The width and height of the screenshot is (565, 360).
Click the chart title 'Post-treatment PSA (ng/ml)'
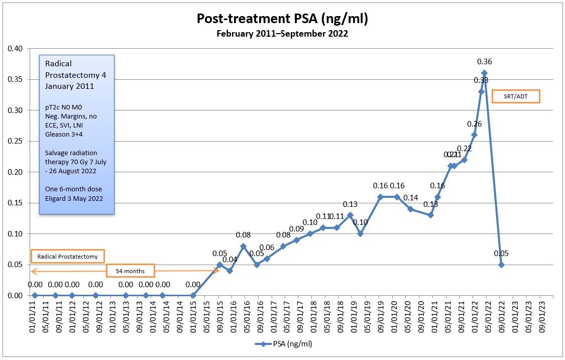point(282,19)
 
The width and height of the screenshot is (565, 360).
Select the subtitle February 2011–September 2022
point(282,34)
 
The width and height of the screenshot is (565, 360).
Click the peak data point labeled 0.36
point(485,72)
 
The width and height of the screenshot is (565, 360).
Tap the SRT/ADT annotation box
point(516,96)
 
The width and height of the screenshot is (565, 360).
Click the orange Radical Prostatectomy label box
point(68,256)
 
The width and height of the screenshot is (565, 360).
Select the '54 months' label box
point(130,271)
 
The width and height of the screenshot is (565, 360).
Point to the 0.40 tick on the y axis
point(15,49)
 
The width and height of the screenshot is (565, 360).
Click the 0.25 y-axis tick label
point(15,141)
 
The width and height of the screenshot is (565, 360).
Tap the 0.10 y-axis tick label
point(15,234)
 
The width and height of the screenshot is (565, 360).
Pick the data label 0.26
point(475,124)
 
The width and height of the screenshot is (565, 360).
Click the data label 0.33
point(481,81)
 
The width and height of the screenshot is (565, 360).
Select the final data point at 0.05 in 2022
point(501,265)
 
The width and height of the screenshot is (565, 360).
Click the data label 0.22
point(465,149)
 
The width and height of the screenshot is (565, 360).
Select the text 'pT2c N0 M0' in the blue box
point(63,107)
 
